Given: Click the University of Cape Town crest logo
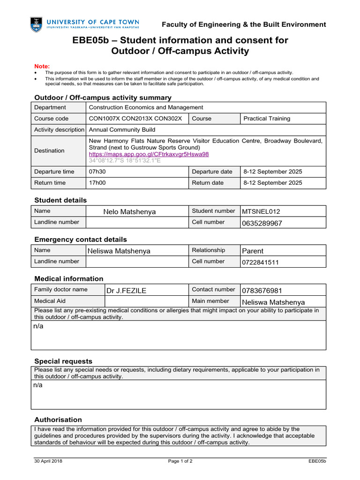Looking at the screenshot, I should [x=36, y=24].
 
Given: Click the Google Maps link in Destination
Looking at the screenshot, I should [x=149, y=154].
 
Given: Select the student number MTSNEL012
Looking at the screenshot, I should [x=261, y=212].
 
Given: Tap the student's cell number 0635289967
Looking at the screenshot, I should [x=262, y=223].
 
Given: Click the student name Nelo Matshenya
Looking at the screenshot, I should [x=129, y=212].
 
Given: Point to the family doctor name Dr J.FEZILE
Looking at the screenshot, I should [x=127, y=291].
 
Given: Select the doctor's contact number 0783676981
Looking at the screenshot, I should [x=262, y=291].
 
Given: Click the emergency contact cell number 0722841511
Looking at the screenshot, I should [x=260, y=262].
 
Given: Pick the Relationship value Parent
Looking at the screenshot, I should [x=253, y=251].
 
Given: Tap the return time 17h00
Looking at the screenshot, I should [x=97, y=183].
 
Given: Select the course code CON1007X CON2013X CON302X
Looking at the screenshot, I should [x=135, y=119].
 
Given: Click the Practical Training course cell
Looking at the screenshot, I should [x=267, y=119].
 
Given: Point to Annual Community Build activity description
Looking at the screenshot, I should [x=122, y=130].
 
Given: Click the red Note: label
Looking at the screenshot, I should [x=42, y=67].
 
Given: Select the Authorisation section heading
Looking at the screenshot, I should [x=58, y=420].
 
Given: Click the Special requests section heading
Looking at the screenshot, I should [x=63, y=361].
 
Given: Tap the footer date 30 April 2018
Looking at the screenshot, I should [x=48, y=461].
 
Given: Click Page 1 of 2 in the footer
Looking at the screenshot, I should [x=180, y=461].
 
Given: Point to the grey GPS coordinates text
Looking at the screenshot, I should [x=125, y=160].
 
